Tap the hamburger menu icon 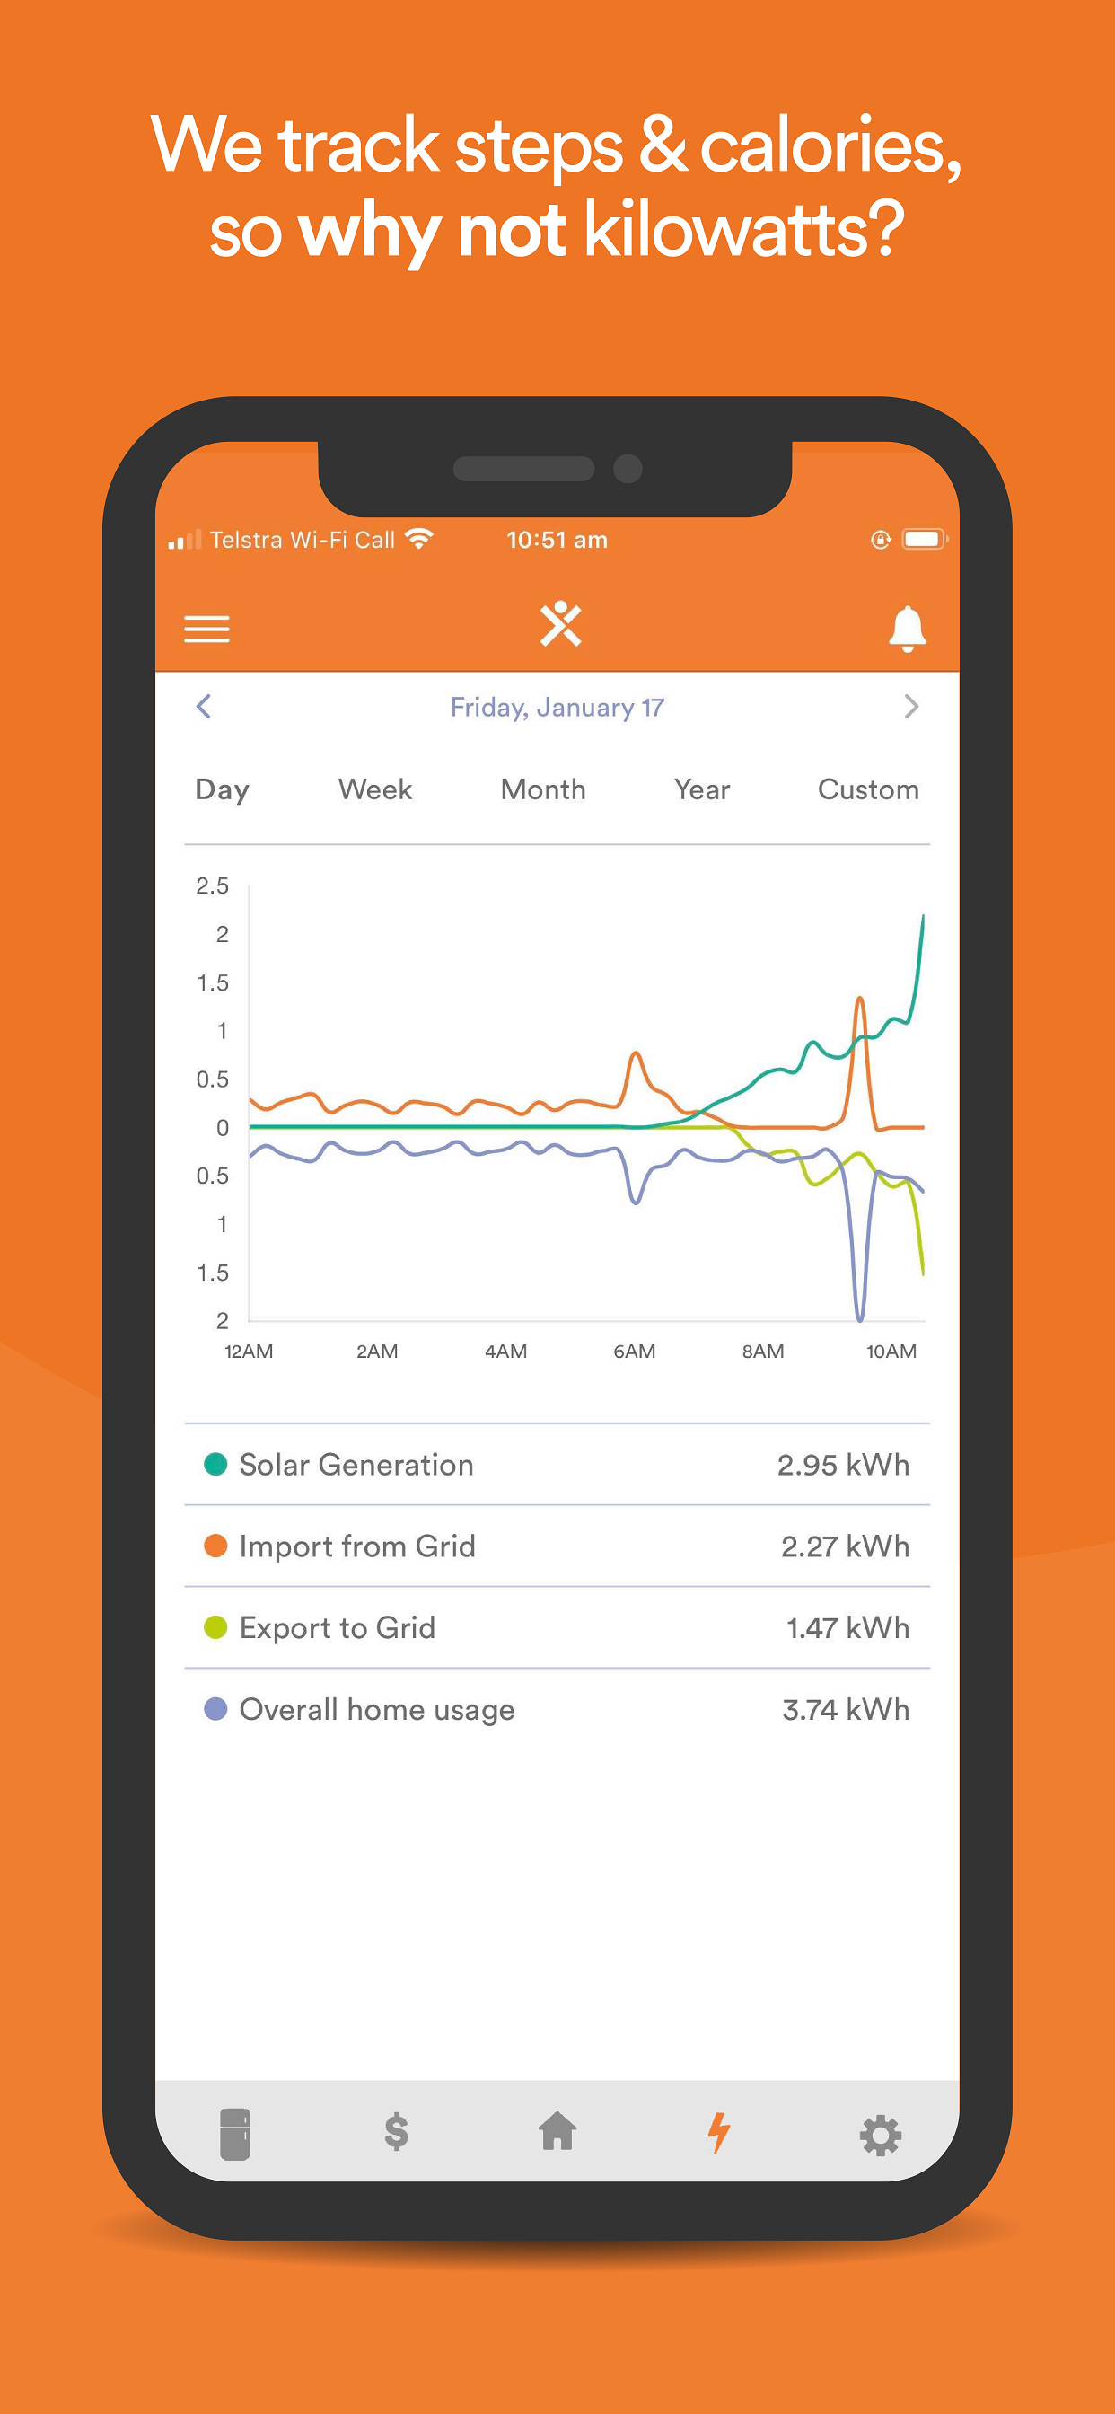point(206,629)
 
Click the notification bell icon point(907,629)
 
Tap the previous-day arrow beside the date point(203,707)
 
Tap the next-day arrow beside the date point(910,707)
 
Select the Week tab point(374,790)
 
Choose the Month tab point(542,790)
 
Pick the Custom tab point(867,790)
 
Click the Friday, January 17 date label point(557,708)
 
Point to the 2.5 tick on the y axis point(212,885)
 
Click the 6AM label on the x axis point(635,1352)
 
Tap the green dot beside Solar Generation point(215,1464)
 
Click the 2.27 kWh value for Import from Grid point(844,1546)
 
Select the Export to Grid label point(338,1628)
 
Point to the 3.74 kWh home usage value point(845,1709)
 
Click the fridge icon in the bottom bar point(235,2134)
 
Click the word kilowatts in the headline point(744,230)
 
